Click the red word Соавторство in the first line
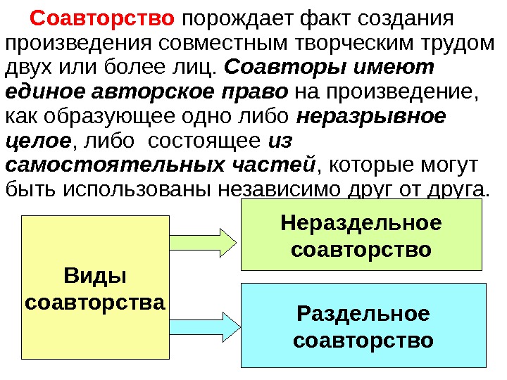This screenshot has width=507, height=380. (103, 16)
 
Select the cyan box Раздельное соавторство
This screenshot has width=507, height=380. (363, 325)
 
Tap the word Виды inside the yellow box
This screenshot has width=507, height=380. (94, 275)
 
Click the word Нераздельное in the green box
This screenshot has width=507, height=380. (361, 223)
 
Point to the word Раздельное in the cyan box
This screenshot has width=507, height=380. (363, 312)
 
